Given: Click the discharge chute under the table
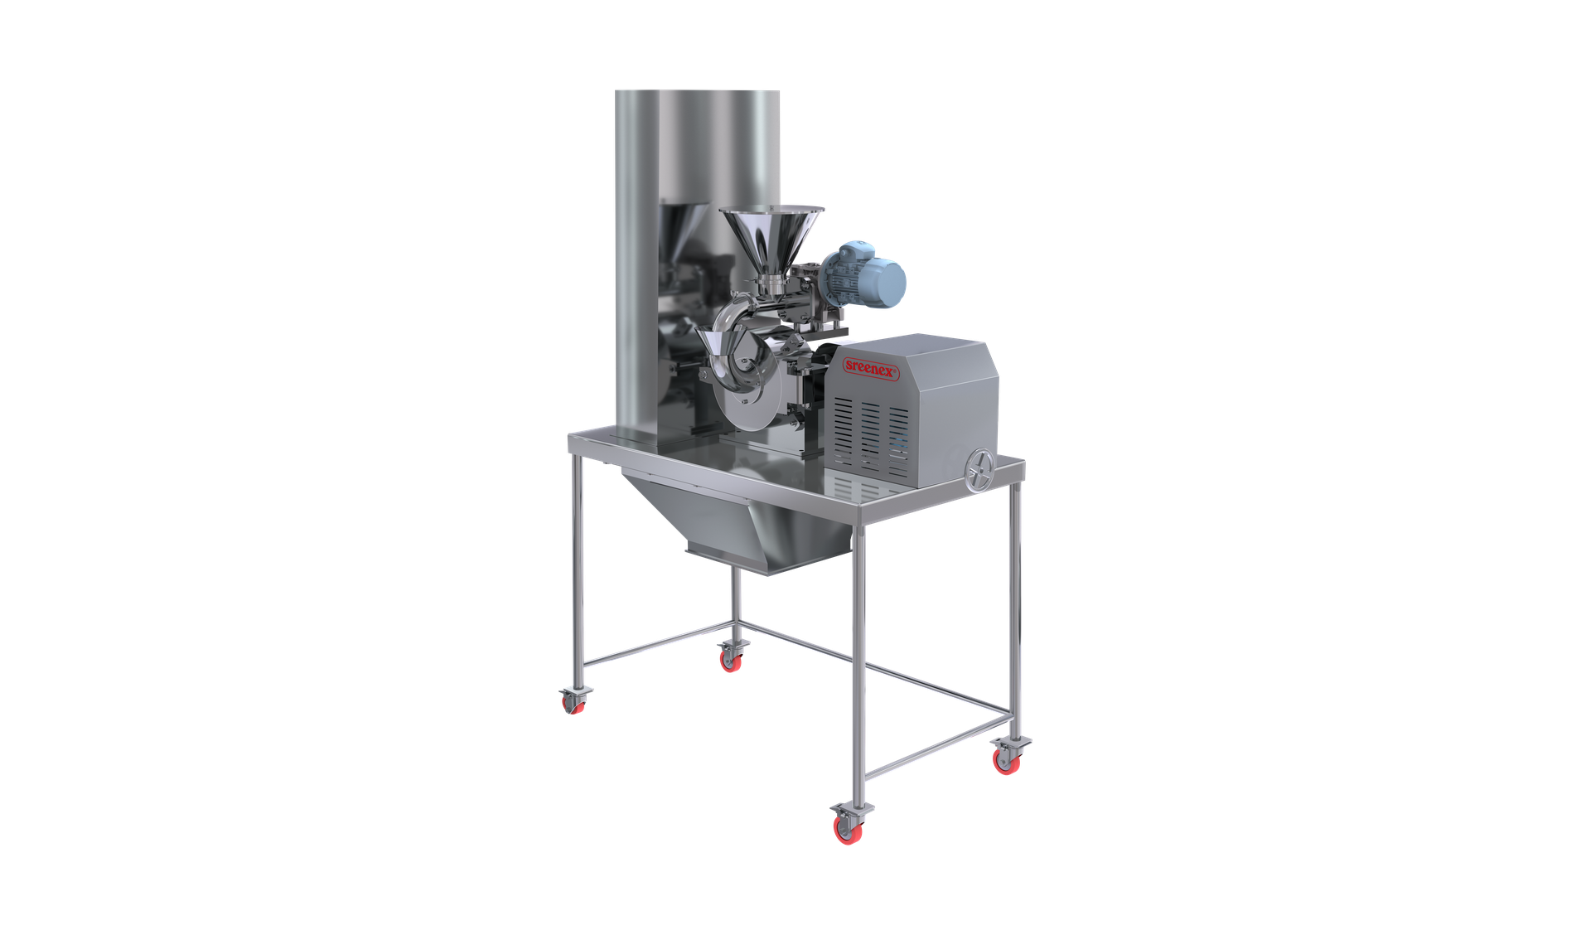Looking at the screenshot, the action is click(737, 522).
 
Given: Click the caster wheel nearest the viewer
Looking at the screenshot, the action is click(848, 826).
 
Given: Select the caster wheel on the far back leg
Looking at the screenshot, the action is click(731, 657).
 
